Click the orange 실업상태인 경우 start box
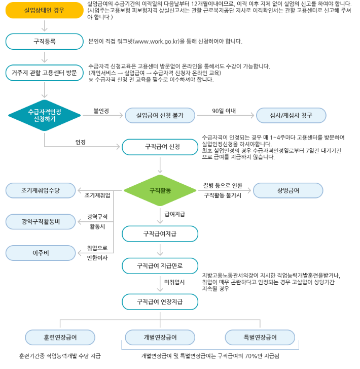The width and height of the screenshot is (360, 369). [x=44, y=10]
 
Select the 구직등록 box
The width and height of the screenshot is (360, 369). [x=44, y=42]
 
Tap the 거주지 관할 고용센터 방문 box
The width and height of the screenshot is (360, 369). [x=44, y=73]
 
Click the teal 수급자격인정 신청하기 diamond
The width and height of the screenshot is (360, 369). [x=44, y=116]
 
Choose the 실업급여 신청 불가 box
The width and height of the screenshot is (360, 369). [x=160, y=116]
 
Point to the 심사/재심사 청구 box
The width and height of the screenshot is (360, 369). [x=291, y=116]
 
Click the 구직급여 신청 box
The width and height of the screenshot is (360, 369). [x=160, y=148]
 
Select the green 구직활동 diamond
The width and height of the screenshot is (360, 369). [x=160, y=190]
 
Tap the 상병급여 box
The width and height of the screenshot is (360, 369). [x=288, y=190]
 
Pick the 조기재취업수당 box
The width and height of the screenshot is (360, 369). [x=41, y=190]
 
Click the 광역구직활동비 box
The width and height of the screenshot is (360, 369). [x=41, y=222]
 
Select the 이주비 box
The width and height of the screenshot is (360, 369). [x=41, y=252]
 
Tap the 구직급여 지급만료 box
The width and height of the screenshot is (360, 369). [x=160, y=265]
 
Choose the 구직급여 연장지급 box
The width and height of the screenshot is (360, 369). [x=160, y=301]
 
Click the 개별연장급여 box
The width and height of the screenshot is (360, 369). [x=160, y=338]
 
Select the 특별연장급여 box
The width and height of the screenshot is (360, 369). [x=260, y=338]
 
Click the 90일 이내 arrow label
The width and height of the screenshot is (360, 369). [x=224, y=111]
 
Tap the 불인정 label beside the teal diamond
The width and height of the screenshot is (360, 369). [x=101, y=111]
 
